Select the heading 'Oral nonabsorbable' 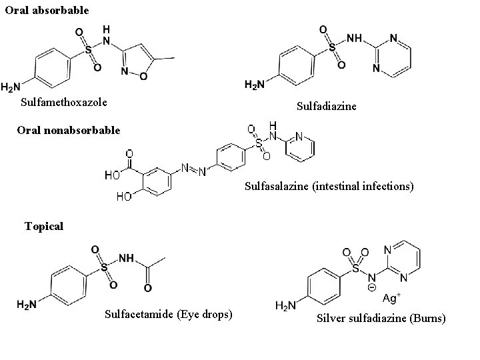click(x=69, y=130)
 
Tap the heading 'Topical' click(x=44, y=226)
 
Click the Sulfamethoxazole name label click(x=64, y=103)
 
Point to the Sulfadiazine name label click(x=327, y=106)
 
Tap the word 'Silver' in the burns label click(x=331, y=319)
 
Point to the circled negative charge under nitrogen click(x=372, y=288)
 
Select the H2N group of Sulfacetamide click(x=28, y=305)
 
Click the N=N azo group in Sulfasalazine click(x=193, y=167)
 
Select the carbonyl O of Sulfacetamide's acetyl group click(x=148, y=287)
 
